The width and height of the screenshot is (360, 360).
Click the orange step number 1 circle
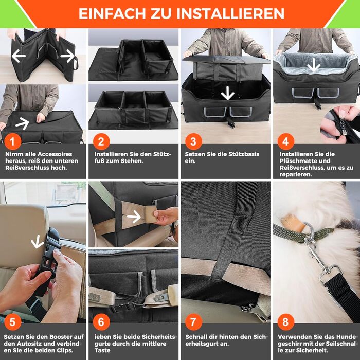13,141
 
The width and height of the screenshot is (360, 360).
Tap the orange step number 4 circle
286,141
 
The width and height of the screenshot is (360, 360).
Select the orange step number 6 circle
101,322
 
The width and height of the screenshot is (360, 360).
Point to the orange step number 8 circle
286,322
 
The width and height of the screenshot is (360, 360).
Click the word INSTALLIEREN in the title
230,13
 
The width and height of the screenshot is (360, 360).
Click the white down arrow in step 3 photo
227,93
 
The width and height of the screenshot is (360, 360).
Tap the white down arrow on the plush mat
314,65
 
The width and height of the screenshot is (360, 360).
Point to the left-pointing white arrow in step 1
19,56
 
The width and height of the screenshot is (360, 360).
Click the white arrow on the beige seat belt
134,217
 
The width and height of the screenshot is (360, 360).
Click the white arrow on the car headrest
37,242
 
